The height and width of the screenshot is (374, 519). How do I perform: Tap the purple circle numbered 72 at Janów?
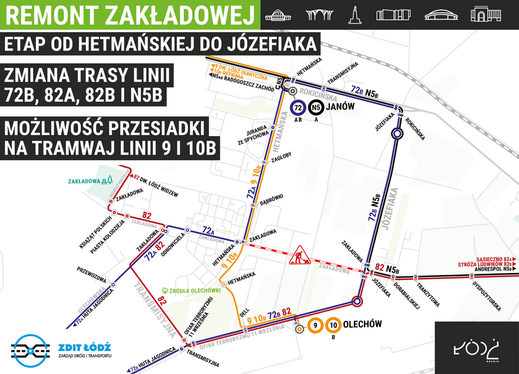click(x=298, y=108)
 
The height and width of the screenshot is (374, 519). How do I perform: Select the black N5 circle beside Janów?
click(x=315, y=108)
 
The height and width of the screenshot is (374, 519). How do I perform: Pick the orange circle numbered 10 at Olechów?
click(x=333, y=326)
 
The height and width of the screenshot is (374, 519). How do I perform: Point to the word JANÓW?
click(x=340, y=108)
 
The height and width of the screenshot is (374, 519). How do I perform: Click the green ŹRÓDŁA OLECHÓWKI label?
click(x=192, y=290)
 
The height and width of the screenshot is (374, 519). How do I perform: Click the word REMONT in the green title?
click(x=50, y=15)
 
